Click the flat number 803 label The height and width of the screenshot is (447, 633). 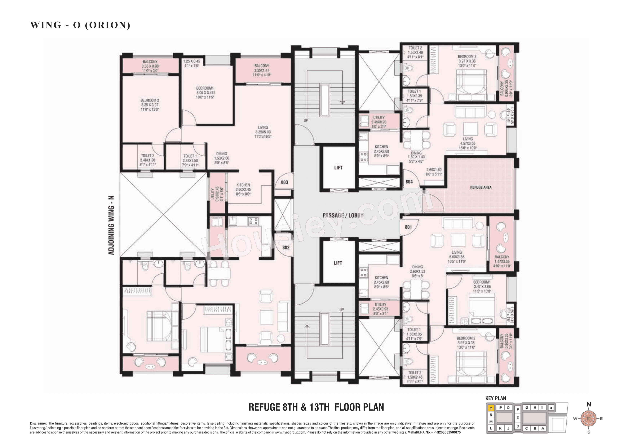coord(284,182)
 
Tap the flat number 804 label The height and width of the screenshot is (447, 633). coord(409,182)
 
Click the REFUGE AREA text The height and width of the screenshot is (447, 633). coord(480,187)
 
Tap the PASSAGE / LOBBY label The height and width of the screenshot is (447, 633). coord(343,215)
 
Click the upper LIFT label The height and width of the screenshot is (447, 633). coord(338,168)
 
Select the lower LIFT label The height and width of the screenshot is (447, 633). coord(338,263)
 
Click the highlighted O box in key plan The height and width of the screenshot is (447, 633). coord(491,408)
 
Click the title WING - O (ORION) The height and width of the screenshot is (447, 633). coord(80,25)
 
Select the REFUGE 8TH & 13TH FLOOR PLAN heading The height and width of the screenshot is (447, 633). coord(316,407)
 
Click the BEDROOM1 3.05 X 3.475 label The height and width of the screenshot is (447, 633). coord(205,92)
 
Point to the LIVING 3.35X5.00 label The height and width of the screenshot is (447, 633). coord(263,132)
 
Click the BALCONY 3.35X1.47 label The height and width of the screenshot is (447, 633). coord(262,70)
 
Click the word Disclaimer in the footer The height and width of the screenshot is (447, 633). coord(38,423)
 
